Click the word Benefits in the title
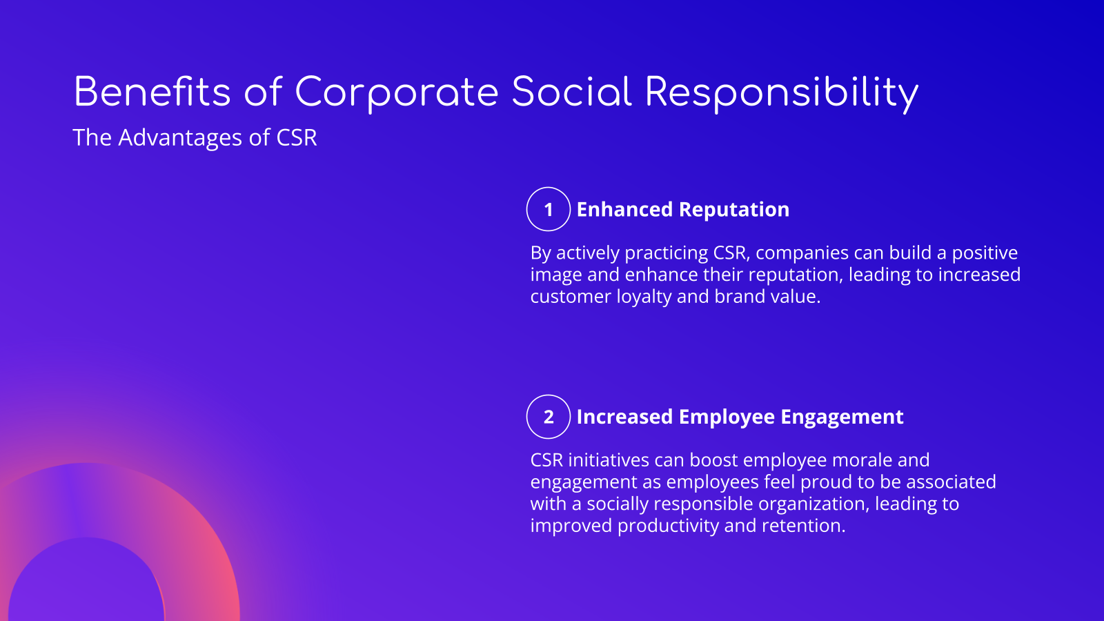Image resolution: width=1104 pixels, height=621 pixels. tap(152, 92)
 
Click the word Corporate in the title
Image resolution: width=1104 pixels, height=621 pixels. tap(396, 92)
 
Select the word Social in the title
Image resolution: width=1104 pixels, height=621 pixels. tap(571, 92)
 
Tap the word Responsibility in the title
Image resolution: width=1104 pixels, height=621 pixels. tap(781, 92)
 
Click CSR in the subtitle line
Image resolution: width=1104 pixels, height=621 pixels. tap(297, 138)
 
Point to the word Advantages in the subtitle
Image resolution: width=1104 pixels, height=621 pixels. tap(180, 138)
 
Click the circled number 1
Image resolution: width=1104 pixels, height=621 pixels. tap(549, 210)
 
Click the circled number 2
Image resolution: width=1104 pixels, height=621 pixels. tap(549, 417)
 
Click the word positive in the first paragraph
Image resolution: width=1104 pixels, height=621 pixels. tap(985, 253)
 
